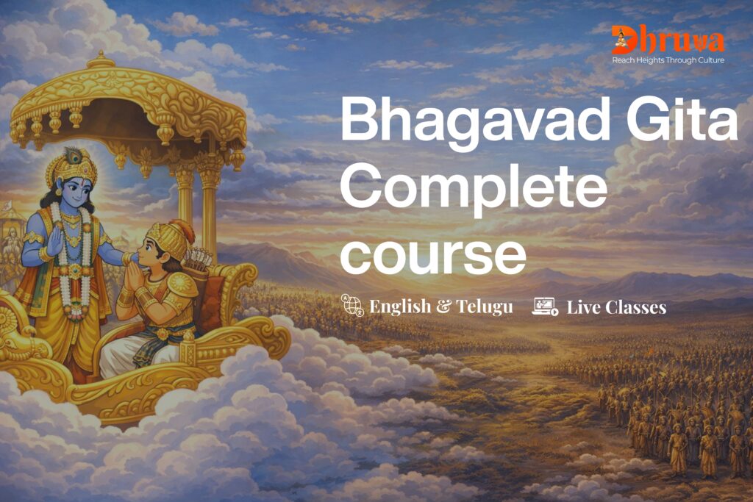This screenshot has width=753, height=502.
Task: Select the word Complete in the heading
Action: [474, 191]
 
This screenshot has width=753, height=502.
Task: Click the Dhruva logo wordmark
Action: [668, 40]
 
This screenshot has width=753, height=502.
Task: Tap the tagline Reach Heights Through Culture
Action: [668, 60]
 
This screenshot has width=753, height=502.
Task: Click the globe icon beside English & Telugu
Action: [352, 306]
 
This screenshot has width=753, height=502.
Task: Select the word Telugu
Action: [485, 306]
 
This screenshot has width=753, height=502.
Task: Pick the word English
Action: [400, 306]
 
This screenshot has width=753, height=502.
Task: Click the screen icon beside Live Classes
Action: [545, 306]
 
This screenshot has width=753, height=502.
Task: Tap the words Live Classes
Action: [617, 307]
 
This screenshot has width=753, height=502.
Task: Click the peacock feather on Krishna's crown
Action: [72, 156]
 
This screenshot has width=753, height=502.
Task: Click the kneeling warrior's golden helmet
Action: [169, 240]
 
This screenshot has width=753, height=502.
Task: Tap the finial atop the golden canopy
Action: [101, 60]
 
